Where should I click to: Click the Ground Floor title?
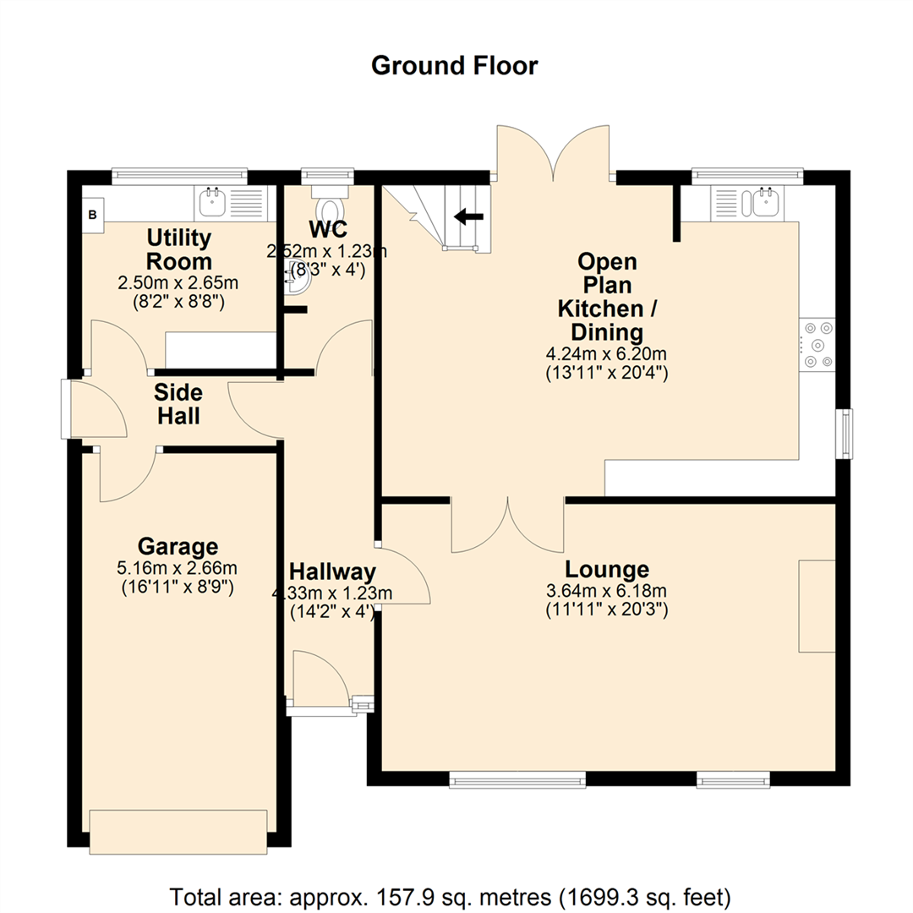coord(455,65)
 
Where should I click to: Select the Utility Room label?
coord(178,249)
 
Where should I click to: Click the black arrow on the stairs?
coord(468,216)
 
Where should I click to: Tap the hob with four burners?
coord(817,344)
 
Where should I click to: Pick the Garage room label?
coord(178,545)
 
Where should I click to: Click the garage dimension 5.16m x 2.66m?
coord(178,567)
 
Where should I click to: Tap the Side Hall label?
coord(178,403)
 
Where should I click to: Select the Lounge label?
coord(607,569)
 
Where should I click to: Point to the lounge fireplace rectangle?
coord(817,605)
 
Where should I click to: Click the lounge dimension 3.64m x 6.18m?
coord(607,591)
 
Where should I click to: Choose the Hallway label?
coord(331,572)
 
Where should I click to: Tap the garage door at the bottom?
coord(178,832)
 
